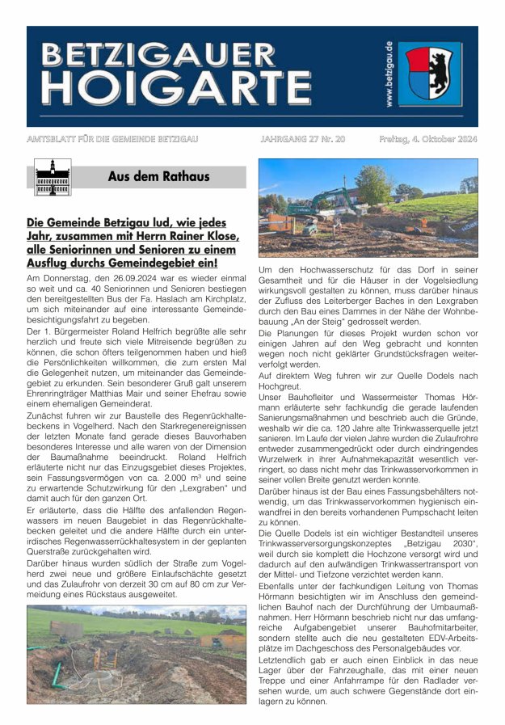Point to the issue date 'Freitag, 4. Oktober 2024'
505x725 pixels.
427,139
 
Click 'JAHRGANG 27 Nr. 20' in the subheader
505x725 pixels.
302,139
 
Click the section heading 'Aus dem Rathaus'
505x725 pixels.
158,176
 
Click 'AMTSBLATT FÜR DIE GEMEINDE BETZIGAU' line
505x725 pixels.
112,139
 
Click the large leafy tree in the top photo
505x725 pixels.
372,183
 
